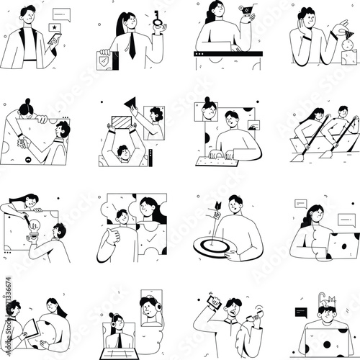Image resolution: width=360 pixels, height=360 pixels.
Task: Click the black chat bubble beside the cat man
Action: point(302,312)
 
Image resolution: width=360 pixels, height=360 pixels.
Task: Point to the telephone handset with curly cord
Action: point(253,315)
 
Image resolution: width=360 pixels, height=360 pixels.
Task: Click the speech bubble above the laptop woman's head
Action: point(300,204)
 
